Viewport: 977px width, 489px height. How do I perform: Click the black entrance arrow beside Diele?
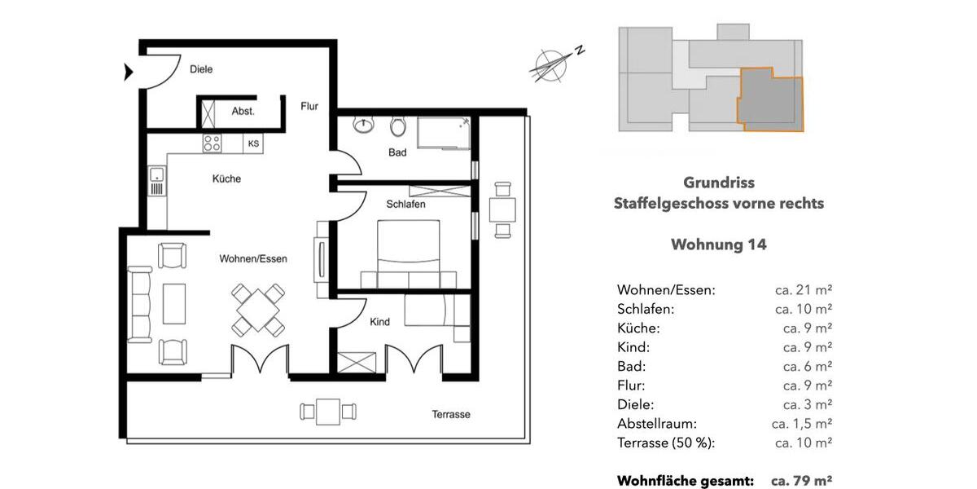[128, 73]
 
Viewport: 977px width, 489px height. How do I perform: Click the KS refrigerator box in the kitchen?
[254, 143]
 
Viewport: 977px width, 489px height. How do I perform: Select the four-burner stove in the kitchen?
[212, 143]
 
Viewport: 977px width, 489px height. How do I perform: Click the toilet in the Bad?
[397, 127]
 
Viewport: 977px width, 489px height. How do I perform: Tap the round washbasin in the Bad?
[363, 126]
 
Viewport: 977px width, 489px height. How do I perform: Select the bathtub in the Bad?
[445, 133]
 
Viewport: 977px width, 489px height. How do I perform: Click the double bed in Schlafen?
[410, 254]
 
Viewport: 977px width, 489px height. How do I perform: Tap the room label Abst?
[243, 112]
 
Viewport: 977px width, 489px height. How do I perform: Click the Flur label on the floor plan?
[309, 106]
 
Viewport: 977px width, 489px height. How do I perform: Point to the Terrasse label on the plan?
[450, 415]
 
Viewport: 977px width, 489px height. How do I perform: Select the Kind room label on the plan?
[379, 322]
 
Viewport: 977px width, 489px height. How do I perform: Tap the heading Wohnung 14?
[718, 244]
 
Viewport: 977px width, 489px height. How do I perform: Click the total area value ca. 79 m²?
[801, 481]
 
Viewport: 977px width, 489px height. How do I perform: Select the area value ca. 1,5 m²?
[801, 424]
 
